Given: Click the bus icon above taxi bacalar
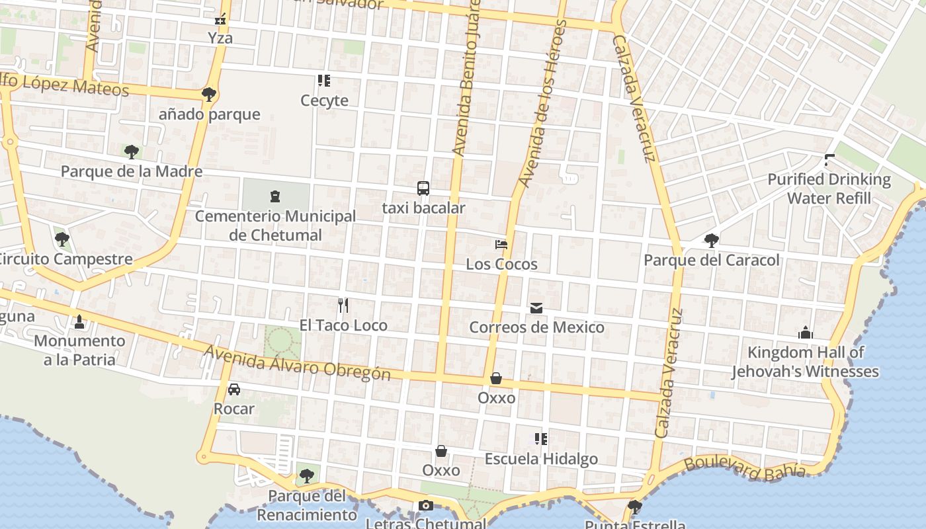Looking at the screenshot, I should pyautogui.click(x=423, y=188).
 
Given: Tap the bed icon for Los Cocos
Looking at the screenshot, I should pyautogui.click(x=501, y=245).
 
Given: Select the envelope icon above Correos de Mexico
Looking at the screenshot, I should pyautogui.click(x=536, y=308).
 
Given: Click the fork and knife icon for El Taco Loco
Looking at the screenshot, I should pyautogui.click(x=343, y=305).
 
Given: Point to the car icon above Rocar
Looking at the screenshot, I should pyautogui.click(x=234, y=389).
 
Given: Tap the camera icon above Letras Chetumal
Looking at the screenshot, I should pyautogui.click(x=426, y=506).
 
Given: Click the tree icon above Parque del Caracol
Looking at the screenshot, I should pyautogui.click(x=712, y=240).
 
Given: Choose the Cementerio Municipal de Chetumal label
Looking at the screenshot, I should pyautogui.click(x=275, y=225).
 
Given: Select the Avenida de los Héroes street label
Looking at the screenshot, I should pyautogui.click(x=543, y=102).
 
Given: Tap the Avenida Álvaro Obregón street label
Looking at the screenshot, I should pyautogui.click(x=297, y=363).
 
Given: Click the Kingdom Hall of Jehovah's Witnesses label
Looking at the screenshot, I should pyautogui.click(x=805, y=362).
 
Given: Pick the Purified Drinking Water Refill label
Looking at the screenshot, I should pyautogui.click(x=829, y=188).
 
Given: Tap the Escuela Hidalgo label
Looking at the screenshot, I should pyautogui.click(x=541, y=459).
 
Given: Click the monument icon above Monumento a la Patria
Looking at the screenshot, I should pyautogui.click(x=79, y=322).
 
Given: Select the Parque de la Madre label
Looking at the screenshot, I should pyautogui.click(x=132, y=171).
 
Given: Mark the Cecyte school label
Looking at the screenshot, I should pyautogui.click(x=324, y=101).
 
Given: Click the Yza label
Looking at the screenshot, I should pyautogui.click(x=220, y=38).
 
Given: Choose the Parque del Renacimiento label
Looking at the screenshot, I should pyautogui.click(x=306, y=505).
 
